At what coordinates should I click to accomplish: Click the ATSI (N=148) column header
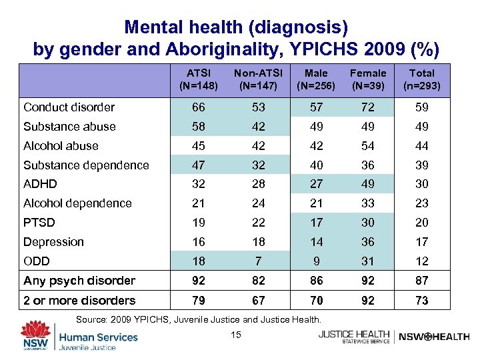198,79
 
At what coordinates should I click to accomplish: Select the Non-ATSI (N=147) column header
257,79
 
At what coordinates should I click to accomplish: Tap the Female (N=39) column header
368,79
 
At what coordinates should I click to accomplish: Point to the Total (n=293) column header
422,79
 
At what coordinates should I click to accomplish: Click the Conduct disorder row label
69,107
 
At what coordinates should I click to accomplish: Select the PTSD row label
39,223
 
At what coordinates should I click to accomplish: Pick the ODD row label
37,261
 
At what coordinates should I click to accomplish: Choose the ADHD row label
40,184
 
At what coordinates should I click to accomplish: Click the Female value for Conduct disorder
368,107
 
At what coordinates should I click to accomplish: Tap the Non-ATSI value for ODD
257,261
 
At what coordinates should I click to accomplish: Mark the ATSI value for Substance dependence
198,165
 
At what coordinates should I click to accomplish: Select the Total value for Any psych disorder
422,281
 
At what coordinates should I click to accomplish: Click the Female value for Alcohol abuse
368,146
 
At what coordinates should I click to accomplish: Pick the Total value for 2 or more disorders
422,300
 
